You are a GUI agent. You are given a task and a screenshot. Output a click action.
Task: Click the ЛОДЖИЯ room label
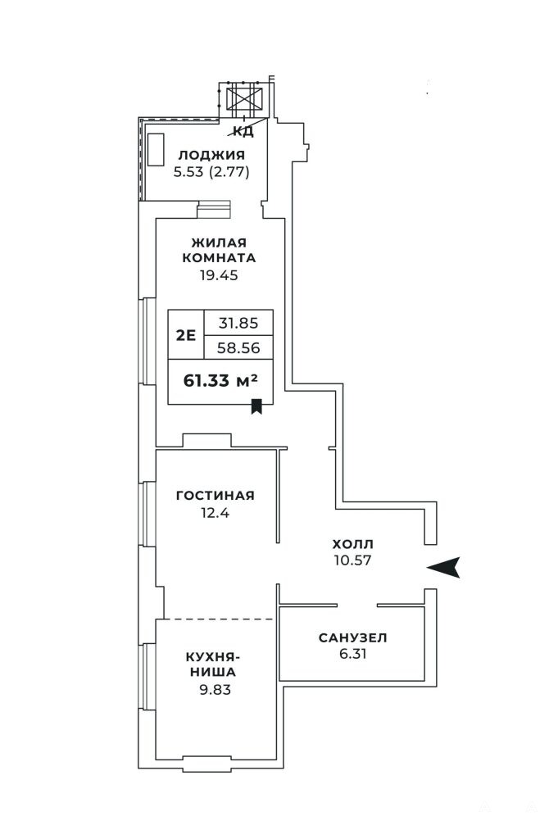coord(211,155)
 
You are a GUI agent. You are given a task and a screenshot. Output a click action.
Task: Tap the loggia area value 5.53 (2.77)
coord(211,172)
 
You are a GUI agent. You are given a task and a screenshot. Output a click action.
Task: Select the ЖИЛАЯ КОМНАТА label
coord(219,250)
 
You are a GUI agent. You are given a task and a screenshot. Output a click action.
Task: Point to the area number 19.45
coord(219,275)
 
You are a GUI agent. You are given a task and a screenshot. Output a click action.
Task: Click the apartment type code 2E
coord(186,335)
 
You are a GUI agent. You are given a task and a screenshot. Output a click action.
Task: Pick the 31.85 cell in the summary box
coord(238,323)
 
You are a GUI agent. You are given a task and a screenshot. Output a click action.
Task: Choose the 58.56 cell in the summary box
coord(238,348)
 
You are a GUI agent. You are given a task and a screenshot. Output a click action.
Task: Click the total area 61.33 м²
coord(220,380)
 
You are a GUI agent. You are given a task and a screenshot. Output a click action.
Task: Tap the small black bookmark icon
coord(256,406)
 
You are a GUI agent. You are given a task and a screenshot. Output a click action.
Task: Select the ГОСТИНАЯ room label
coord(216,496)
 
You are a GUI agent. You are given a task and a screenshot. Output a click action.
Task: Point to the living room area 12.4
coord(216,513)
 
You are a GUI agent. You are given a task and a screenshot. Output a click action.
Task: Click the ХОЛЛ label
coord(352,544)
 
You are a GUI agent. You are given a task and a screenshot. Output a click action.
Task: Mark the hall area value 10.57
coord(352,560)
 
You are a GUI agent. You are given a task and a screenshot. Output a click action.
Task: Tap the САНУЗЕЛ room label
coord(352,637)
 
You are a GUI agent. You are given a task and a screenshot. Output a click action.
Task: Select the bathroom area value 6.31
coord(352,654)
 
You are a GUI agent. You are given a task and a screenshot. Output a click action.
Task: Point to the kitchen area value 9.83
coord(216,690)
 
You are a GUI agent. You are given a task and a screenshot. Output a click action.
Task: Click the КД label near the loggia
coord(243,131)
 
